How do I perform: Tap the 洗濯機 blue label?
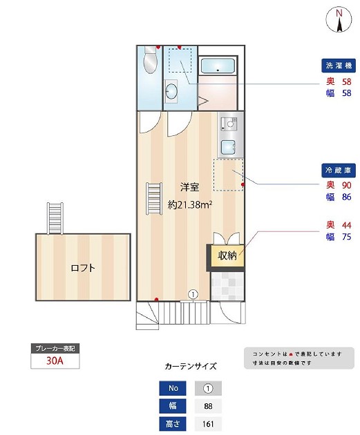339,66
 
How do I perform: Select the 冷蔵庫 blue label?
339,170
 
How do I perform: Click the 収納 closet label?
227,256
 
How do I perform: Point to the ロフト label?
83,268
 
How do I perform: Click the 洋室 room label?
190,187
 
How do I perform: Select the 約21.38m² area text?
190,204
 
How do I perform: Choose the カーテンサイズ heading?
191,367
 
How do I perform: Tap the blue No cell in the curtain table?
173,387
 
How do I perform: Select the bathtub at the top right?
219,66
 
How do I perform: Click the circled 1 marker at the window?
193,293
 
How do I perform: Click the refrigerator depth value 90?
346,185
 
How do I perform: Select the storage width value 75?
346,238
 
